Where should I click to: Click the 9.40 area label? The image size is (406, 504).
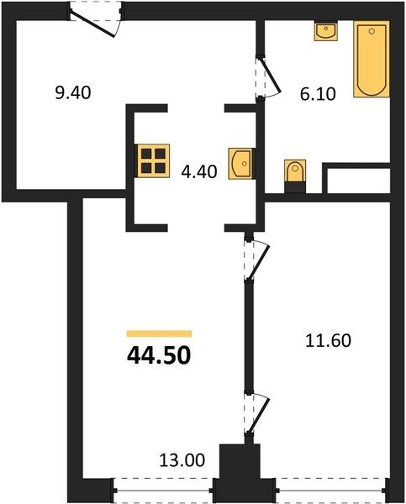click(73, 93)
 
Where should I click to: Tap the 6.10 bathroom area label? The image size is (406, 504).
click(318, 94)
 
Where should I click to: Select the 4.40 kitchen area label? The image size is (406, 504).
click(199, 171)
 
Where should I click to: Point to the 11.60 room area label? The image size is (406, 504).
click(328, 341)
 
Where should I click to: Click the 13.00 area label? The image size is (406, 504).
click(182, 460)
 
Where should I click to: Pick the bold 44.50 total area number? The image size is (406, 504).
click(159, 356)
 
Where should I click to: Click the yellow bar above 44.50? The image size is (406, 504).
click(159, 333)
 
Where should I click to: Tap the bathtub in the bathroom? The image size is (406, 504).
click(372, 59)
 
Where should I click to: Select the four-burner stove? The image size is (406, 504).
click(154, 160)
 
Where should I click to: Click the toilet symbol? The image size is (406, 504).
click(295, 176)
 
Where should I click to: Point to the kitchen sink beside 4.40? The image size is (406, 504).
click(241, 163)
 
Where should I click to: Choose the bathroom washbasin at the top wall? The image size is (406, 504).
click(326, 31)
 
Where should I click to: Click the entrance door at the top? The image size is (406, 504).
click(96, 20)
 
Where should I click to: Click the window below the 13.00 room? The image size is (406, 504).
click(163, 491)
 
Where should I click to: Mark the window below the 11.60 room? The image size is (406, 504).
click(331, 491)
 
